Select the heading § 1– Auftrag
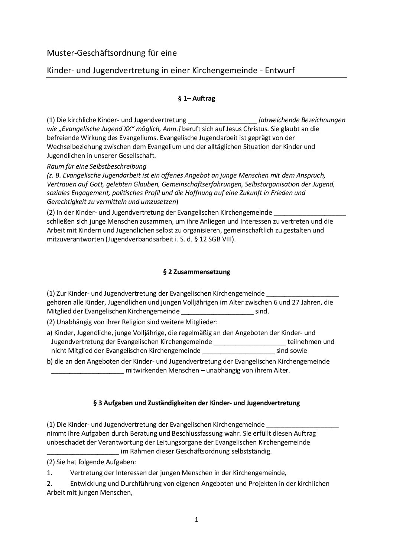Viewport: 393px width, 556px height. [196, 99]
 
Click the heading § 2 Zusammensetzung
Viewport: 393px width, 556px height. [196, 272]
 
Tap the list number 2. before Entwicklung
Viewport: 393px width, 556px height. [49, 484]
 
